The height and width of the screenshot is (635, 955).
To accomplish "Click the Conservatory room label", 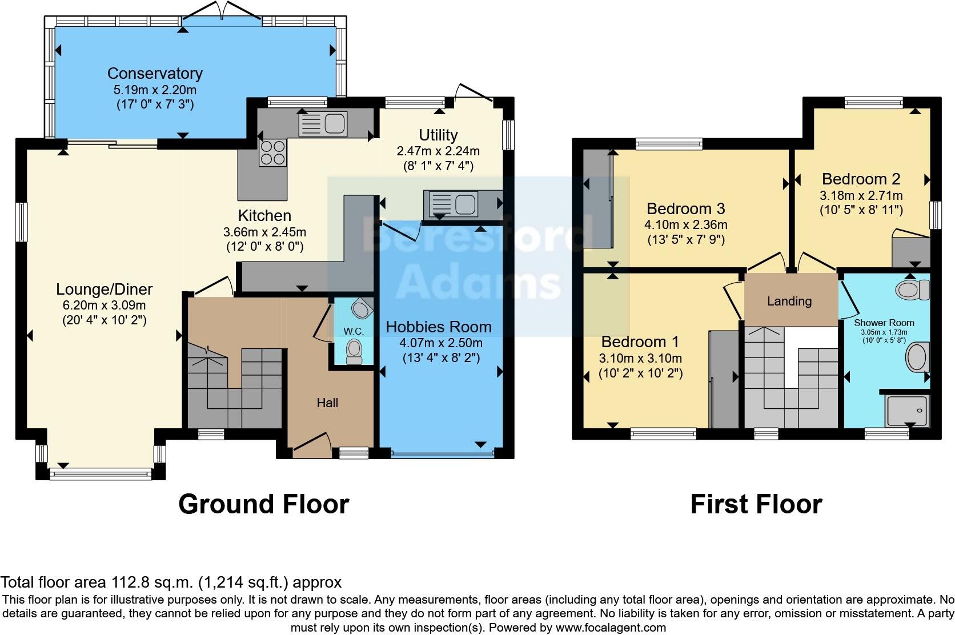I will click(x=155, y=74).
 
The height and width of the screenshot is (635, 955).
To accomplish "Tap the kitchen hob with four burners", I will click(x=272, y=152).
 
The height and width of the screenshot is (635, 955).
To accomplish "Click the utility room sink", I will click(x=451, y=203).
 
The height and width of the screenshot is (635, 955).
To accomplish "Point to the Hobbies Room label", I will click(x=439, y=327).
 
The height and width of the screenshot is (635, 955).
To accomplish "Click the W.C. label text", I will click(x=354, y=331).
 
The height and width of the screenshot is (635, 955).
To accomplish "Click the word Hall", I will click(x=328, y=403).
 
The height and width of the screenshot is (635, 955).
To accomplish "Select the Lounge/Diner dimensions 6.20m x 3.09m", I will click(x=105, y=305).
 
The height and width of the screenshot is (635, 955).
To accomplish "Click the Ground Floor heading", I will click(x=263, y=504).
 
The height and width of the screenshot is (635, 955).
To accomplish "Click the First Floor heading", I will click(x=756, y=504).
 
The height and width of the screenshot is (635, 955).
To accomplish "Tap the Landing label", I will click(x=789, y=301).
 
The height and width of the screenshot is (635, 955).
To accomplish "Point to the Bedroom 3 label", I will click(x=686, y=208).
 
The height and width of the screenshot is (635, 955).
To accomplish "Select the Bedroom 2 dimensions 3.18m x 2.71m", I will click(x=861, y=195).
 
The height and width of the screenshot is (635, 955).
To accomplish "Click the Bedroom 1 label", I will click(x=640, y=342).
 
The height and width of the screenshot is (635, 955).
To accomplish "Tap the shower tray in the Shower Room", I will click(x=906, y=410).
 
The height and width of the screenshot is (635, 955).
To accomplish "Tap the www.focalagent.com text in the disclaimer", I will click(x=611, y=628).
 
